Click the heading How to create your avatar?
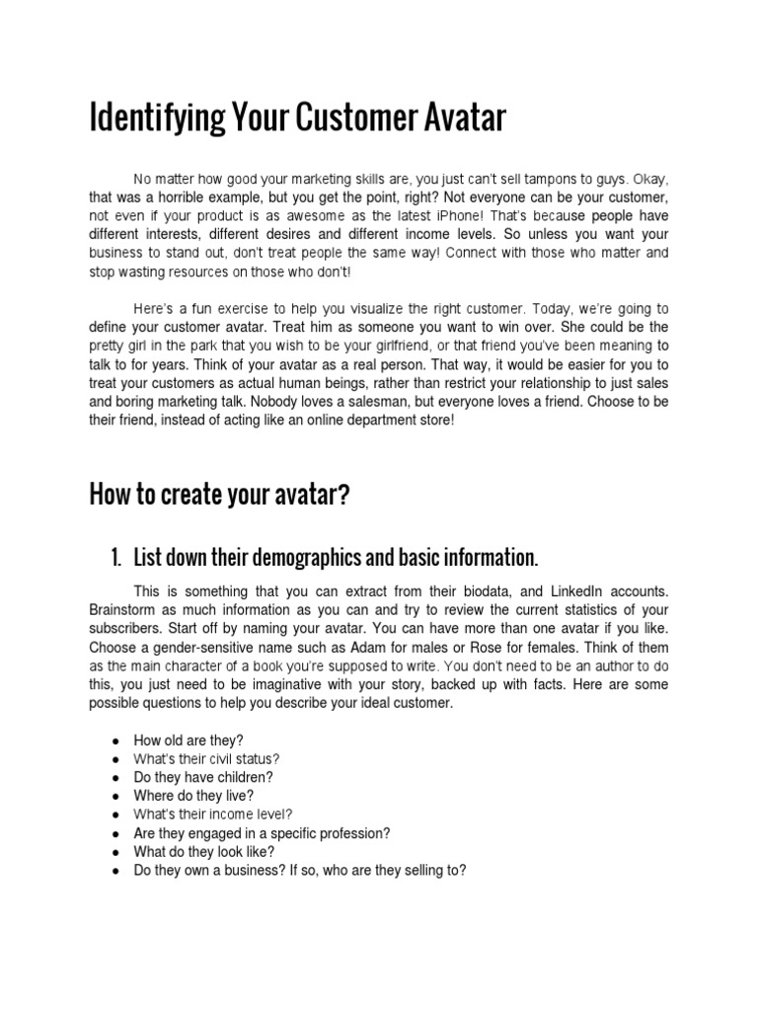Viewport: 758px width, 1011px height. pyautogui.click(x=219, y=494)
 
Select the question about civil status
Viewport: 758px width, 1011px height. pyautogui.click(x=207, y=759)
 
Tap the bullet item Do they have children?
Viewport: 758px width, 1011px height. pyautogui.click(x=203, y=777)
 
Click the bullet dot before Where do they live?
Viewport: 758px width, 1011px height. pyautogui.click(x=115, y=796)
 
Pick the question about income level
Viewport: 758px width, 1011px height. pyautogui.click(x=213, y=815)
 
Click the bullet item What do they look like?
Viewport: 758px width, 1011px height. pyautogui.click(x=204, y=851)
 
